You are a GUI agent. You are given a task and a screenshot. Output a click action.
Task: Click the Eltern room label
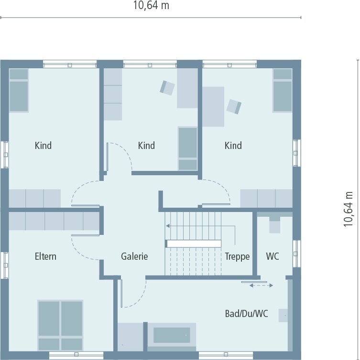point(45,256)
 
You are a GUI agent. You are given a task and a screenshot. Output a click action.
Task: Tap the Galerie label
point(134,256)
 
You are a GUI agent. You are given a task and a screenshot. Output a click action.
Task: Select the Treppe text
point(237,256)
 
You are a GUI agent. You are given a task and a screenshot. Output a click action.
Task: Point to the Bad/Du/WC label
point(246,313)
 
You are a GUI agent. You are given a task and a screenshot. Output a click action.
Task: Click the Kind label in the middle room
point(146,145)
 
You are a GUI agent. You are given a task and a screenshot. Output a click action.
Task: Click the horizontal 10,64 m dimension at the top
point(151,6)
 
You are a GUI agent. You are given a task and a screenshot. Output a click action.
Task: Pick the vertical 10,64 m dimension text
point(348,209)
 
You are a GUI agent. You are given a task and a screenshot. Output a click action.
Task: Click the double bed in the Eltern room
point(60,325)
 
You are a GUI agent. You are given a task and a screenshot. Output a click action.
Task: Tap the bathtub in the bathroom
point(172,335)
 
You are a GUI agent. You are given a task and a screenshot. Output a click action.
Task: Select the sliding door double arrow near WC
point(261,286)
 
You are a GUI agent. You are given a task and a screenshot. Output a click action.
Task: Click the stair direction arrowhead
point(168,226)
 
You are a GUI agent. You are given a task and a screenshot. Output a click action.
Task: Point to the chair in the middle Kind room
point(167,88)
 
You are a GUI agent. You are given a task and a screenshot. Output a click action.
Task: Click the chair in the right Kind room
point(234,106)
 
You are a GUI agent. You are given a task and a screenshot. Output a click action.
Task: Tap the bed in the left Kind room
point(19,90)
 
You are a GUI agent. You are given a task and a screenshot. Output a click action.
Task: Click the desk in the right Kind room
point(213,106)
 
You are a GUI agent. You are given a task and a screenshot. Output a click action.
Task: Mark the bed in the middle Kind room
point(188,148)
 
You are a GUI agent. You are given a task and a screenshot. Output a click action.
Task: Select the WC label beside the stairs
point(273,256)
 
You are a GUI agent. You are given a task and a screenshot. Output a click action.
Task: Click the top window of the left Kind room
point(70,64)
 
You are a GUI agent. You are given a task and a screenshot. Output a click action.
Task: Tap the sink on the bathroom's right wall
point(283,316)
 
